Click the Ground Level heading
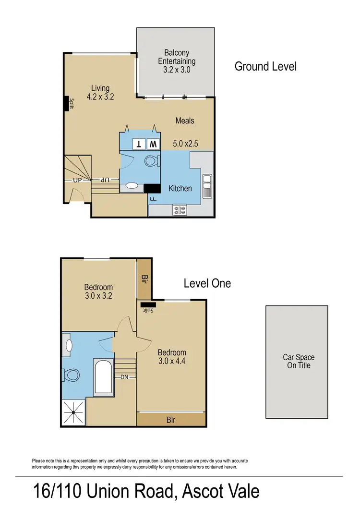click(x=265, y=66)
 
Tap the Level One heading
click(x=207, y=283)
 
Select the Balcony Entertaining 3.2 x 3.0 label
click(x=177, y=61)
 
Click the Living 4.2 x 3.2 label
click(x=100, y=92)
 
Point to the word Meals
click(x=185, y=121)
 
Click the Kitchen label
click(x=180, y=189)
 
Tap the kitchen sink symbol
click(x=207, y=186)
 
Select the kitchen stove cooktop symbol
click(x=180, y=209)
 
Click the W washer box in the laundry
click(x=153, y=144)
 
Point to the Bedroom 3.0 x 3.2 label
click(x=98, y=291)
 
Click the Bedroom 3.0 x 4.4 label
click(x=172, y=357)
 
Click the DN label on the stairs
click(x=125, y=377)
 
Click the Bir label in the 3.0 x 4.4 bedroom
click(x=171, y=420)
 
